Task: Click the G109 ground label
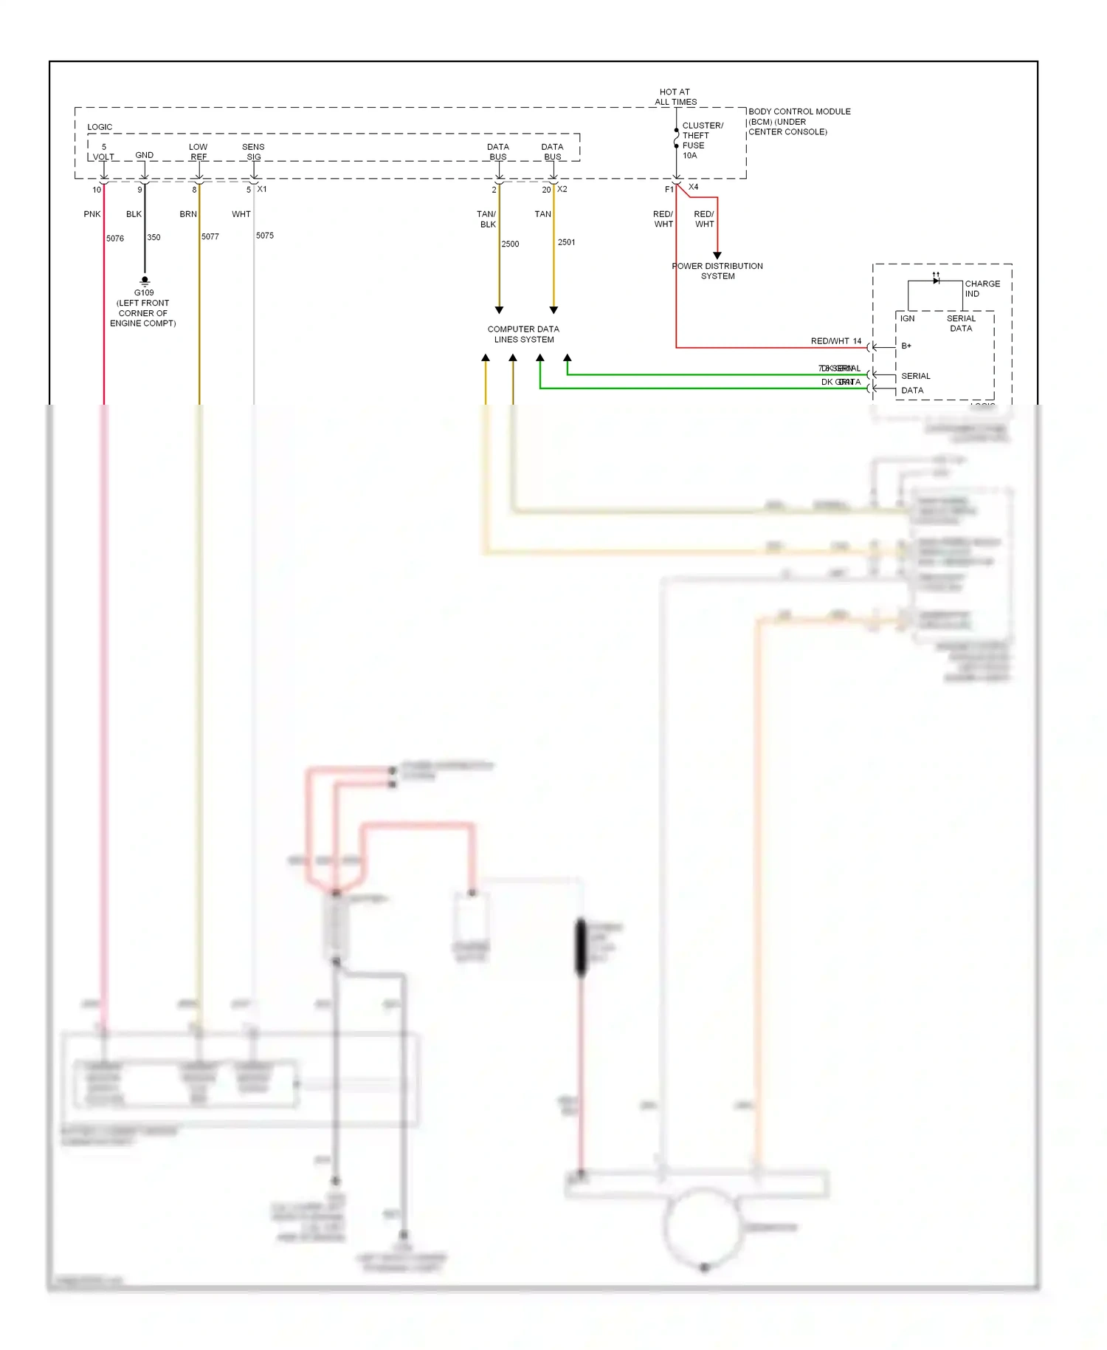click(144, 292)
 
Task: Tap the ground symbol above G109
click(145, 281)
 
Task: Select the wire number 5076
click(115, 239)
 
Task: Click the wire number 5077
click(210, 237)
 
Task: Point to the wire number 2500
click(510, 244)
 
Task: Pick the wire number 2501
click(566, 242)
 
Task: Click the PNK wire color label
click(92, 214)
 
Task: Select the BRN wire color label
click(188, 214)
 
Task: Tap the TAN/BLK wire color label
click(487, 219)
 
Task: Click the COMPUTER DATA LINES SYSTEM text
click(523, 335)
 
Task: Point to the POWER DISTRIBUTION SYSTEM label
click(717, 271)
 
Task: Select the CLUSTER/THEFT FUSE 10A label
click(701, 140)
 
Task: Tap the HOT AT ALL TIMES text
click(675, 97)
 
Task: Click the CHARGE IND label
click(982, 289)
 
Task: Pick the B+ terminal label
click(906, 346)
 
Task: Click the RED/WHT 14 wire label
click(835, 341)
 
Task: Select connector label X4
click(693, 187)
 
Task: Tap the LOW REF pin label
click(198, 152)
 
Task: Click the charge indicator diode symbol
click(936, 280)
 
